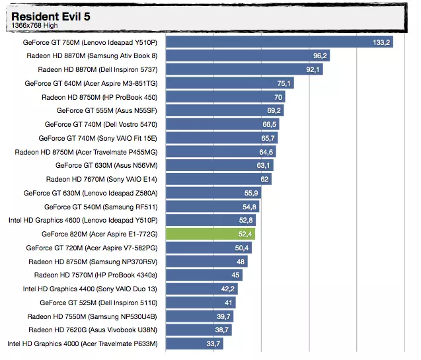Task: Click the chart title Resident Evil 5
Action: pyautogui.click(x=50, y=15)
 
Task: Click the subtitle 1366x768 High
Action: pyautogui.click(x=34, y=25)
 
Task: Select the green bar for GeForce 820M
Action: pyautogui.click(x=210, y=234)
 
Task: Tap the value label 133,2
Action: pyautogui.click(x=382, y=42)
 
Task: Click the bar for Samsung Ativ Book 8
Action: pyautogui.click(x=247, y=56)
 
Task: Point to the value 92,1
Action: pyautogui.click(x=313, y=69)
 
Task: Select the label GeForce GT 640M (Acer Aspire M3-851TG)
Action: pyautogui.click(x=91, y=83)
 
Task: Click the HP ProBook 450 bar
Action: pyautogui.click(x=225, y=97)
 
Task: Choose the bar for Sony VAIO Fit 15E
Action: pyautogui.click(x=221, y=138)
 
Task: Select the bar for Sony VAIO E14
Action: pyautogui.click(x=218, y=179)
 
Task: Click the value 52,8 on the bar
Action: pyautogui.click(x=246, y=220)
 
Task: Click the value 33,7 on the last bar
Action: pyautogui.click(x=213, y=343)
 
